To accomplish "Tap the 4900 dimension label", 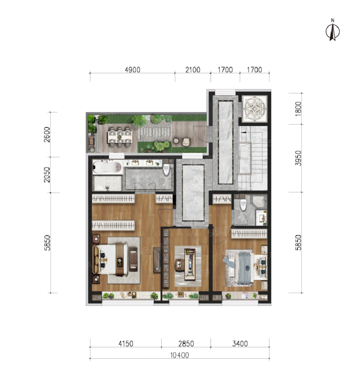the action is [133, 70].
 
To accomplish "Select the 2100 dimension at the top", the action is [193, 70].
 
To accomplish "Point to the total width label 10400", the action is [179, 355].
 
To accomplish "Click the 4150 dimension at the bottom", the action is [126, 344].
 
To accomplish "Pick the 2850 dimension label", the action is [186, 344].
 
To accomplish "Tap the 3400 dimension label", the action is [240, 344].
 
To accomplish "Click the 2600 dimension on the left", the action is [47, 135].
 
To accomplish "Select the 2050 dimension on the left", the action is [47, 175].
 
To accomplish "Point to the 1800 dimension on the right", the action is [298, 109].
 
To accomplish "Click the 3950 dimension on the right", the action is [298, 158].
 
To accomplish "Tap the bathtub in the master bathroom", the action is [107, 167].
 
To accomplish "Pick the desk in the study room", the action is [190, 264].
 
